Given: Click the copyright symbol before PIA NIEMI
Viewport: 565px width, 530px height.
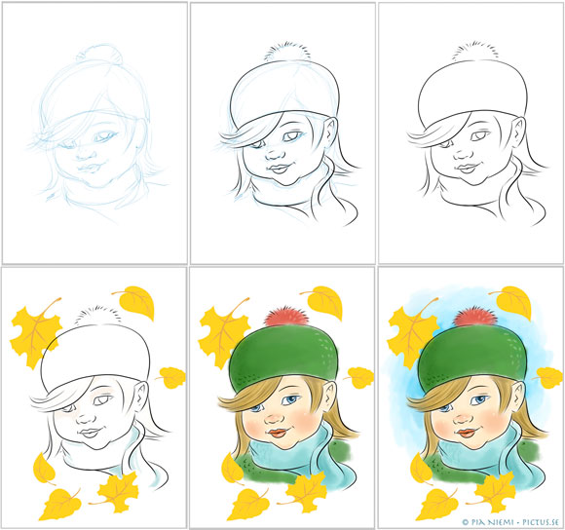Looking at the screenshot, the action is pyautogui.click(x=466, y=521).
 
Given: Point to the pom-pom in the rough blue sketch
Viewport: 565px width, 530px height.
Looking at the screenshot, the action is pyautogui.click(x=99, y=54).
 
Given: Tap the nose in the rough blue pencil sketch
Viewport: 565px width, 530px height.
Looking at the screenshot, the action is pyautogui.click(x=86, y=154).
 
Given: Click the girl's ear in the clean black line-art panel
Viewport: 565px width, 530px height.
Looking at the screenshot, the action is pyautogui.click(x=518, y=129).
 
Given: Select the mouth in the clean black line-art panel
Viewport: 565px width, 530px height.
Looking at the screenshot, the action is pyautogui.click(x=467, y=168).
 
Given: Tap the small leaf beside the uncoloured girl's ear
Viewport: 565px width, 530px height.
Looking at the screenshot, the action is pyautogui.click(x=171, y=377).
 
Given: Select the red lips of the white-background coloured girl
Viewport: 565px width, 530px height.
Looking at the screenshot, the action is pyautogui.click(x=279, y=432).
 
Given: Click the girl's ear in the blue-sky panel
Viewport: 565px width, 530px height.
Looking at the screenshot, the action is pyautogui.click(x=518, y=394).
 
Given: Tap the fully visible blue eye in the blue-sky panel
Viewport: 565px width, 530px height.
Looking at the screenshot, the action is pyautogui.click(x=480, y=399).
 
